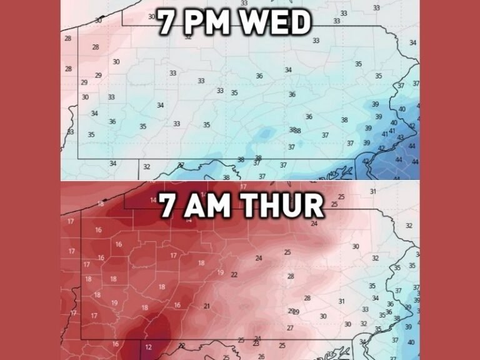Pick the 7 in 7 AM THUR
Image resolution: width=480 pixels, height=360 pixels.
click(167, 206)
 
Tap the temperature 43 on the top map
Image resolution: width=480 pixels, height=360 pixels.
click(401, 137)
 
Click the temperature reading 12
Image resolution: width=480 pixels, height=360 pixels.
click(148, 347)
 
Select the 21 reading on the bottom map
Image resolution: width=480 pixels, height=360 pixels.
click(207, 306)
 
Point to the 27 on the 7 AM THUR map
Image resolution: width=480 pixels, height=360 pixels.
click(290, 328)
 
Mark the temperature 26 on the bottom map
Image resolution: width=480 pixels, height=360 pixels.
click(261, 356)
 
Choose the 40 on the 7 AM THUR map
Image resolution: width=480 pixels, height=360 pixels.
click(411, 342)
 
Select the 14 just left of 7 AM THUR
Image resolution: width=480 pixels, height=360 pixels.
click(153, 200)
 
